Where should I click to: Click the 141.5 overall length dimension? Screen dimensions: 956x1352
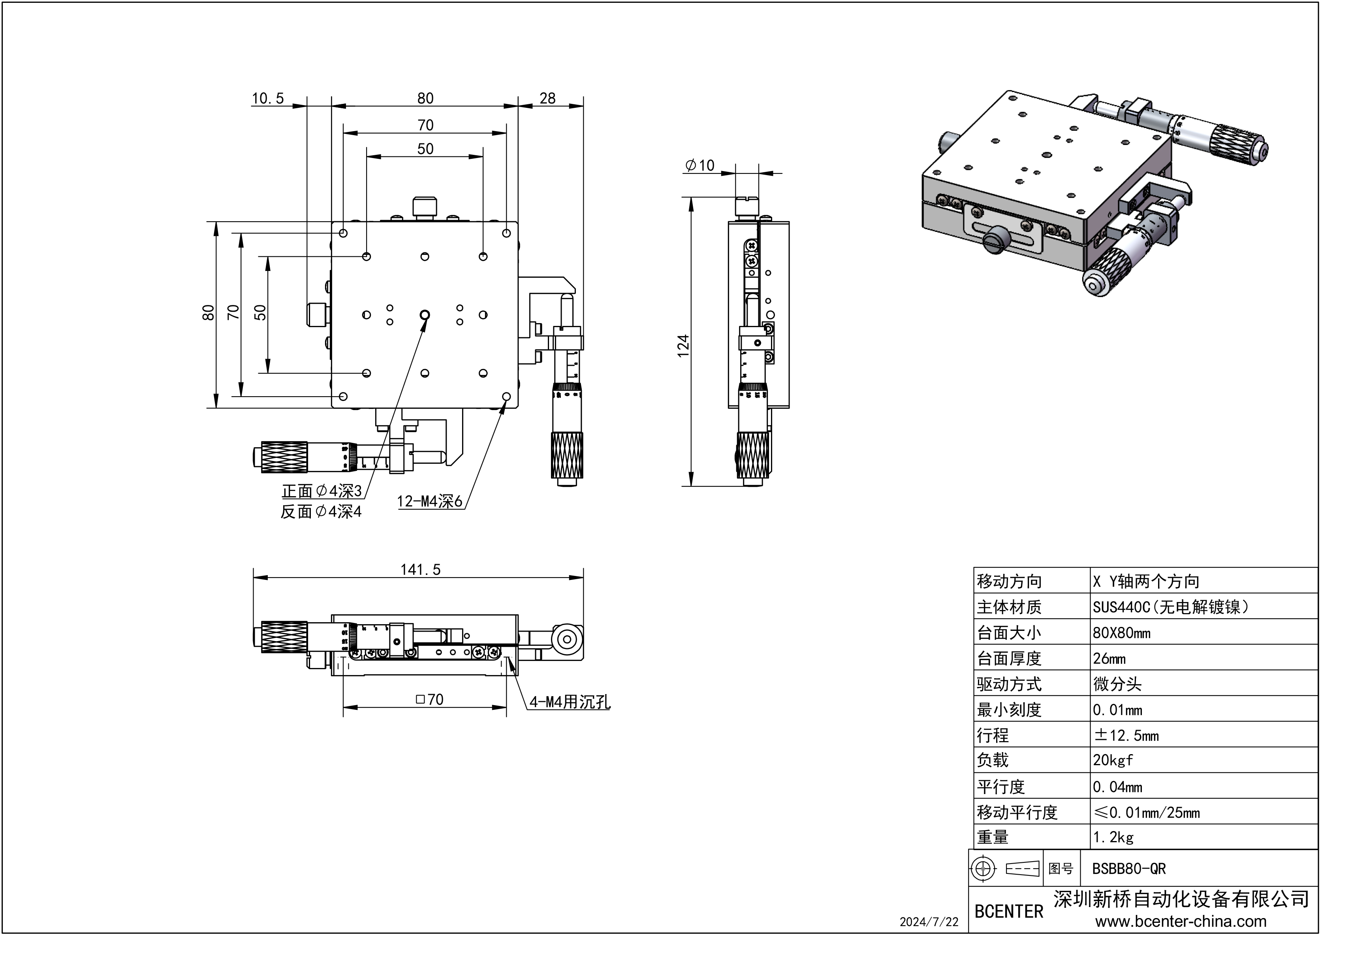click(x=420, y=570)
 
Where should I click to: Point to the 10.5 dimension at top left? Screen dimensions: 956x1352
click(x=268, y=98)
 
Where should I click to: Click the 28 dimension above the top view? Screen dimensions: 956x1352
click(x=547, y=98)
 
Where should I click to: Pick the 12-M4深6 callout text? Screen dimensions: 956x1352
click(x=430, y=501)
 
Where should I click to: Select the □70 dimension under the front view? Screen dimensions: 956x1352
click(x=429, y=699)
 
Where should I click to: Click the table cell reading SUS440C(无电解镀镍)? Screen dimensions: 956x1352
click(x=1171, y=607)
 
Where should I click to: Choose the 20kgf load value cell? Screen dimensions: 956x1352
click(x=1113, y=760)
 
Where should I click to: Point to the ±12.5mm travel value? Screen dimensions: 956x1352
click(x=1126, y=735)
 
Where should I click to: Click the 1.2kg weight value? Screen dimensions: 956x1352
click(x=1113, y=837)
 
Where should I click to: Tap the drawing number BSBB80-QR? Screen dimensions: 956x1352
click(x=1129, y=869)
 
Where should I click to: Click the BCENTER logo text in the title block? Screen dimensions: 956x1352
click(x=1009, y=912)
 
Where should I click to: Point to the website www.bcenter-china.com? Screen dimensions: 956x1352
click(x=1181, y=922)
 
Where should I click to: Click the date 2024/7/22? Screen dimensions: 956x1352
click(x=929, y=922)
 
